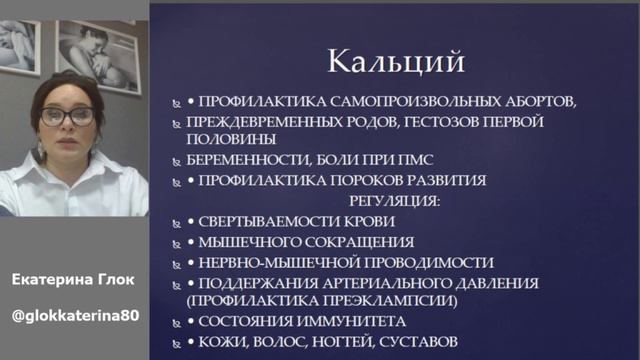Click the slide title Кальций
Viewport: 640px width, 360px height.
pos(397,62)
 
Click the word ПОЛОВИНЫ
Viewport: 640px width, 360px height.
pos(228,140)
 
